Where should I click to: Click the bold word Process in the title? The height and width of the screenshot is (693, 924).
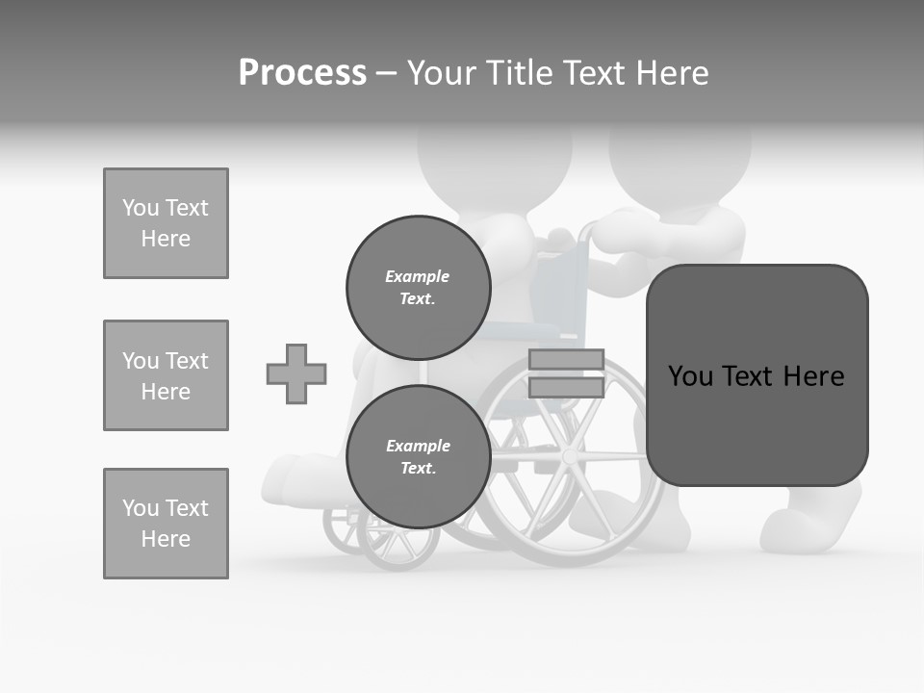click(x=302, y=73)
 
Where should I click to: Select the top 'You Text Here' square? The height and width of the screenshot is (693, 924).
click(x=166, y=223)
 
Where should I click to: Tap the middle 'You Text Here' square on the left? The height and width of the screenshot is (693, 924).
click(x=166, y=375)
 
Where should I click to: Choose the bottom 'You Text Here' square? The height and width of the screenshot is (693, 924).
click(x=166, y=524)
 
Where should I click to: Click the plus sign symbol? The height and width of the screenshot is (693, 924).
click(x=296, y=373)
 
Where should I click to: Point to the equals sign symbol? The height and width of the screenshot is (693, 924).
click(x=566, y=373)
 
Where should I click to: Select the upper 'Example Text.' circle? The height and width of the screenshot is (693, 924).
click(x=418, y=287)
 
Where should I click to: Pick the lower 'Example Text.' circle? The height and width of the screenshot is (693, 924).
click(x=418, y=456)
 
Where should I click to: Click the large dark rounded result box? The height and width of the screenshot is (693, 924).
click(x=757, y=375)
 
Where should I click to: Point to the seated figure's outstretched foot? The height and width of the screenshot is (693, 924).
click(x=289, y=476)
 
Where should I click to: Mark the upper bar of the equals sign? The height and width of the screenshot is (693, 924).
click(x=566, y=360)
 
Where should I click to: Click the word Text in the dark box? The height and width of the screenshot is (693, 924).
click(x=750, y=375)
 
